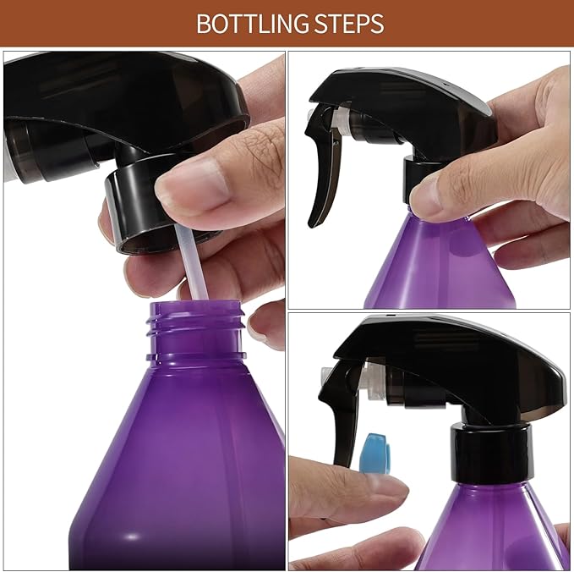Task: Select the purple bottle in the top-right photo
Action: (x=440, y=262)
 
